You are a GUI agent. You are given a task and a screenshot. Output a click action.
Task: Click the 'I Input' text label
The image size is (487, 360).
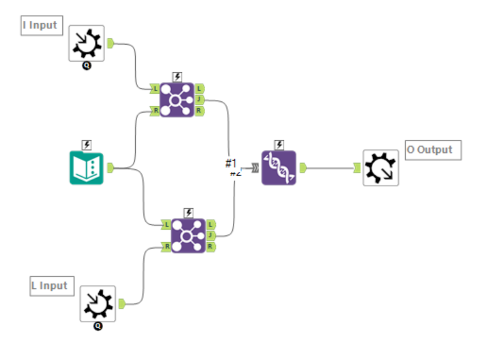(40, 26)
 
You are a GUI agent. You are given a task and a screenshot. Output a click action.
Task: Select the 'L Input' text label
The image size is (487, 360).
(50, 286)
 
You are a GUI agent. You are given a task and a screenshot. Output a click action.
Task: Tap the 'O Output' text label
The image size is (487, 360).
(433, 150)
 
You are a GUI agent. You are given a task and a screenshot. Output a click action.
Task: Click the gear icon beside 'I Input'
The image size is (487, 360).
(86, 43)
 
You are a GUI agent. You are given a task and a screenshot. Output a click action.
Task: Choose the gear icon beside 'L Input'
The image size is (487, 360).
(98, 303)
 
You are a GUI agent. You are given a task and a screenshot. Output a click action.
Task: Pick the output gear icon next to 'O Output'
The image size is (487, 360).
(381, 167)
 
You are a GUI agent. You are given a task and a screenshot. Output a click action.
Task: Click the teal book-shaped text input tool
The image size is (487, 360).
(86, 167)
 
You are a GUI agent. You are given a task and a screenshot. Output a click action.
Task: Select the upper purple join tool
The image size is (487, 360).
(177, 99)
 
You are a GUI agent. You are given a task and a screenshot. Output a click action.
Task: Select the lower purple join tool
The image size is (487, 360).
(188, 235)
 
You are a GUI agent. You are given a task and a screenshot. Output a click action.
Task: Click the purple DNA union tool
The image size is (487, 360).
(279, 167)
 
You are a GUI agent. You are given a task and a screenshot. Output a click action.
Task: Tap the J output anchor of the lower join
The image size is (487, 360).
(211, 235)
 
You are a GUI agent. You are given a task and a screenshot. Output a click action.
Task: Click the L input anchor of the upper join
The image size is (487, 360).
(155, 89)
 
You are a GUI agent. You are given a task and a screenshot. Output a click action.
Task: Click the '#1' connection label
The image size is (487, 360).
(230, 164)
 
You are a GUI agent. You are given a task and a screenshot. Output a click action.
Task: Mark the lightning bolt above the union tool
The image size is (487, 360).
(279, 144)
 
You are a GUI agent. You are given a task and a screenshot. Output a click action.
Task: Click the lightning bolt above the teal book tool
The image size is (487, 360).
(86, 144)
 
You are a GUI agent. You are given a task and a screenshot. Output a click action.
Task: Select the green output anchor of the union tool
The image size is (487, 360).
(302, 167)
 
